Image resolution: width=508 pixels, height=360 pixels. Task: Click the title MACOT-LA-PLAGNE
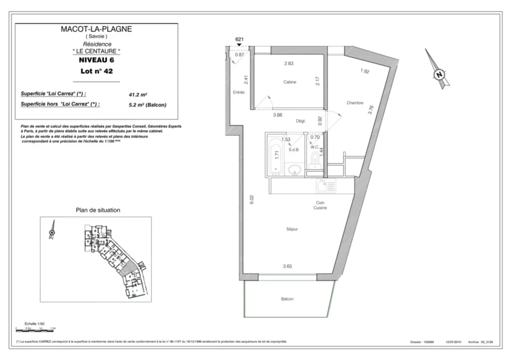coord(96,29)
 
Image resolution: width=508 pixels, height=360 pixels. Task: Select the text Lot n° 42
coord(96,71)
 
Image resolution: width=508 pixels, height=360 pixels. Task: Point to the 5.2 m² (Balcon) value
coord(147,105)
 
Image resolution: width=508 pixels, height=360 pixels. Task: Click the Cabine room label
coord(290,82)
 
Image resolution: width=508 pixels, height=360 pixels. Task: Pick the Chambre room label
coord(355,103)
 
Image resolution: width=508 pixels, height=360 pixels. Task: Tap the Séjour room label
coord(292,229)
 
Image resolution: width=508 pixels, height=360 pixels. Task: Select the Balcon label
coord(287,299)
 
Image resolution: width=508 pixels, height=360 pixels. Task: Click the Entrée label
coord(239,93)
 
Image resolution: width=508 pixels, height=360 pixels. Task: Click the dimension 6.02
coord(252,199)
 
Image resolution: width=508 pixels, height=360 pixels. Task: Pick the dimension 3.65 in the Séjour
coord(288,266)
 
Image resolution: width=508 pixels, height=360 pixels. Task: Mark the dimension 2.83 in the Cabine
coord(289,63)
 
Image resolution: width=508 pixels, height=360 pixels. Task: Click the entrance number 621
coord(239,39)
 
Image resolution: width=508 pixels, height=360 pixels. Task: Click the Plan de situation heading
coord(98,210)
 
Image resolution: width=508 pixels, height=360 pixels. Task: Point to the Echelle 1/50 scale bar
coord(36,328)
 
